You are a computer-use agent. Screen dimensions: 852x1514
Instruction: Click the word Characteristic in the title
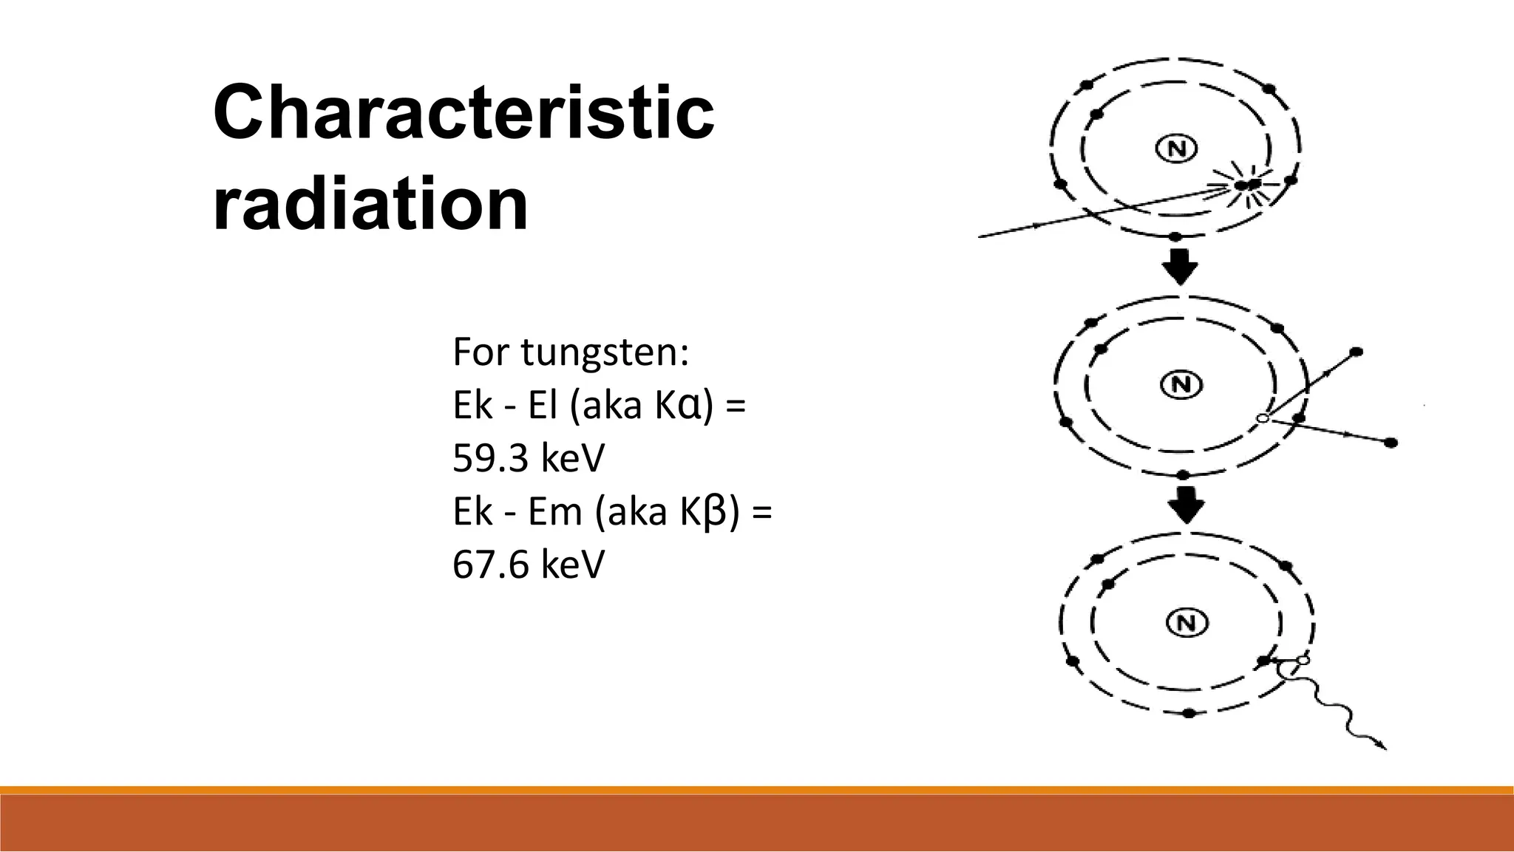(464, 114)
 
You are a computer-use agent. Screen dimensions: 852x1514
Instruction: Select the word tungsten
(603, 352)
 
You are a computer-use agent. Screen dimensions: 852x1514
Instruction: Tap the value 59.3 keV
(528, 458)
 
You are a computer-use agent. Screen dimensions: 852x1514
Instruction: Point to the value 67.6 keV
(528, 565)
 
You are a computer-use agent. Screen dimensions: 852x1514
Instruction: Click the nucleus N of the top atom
(1176, 149)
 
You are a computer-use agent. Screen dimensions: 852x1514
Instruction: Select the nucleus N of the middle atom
(1181, 384)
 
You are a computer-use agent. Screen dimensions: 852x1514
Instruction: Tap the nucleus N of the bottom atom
(1187, 623)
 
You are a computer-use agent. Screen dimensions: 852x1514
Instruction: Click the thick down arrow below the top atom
(1180, 267)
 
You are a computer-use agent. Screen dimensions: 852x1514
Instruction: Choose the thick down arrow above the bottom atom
(1186, 505)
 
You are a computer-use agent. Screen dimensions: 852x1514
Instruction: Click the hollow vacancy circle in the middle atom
(1263, 419)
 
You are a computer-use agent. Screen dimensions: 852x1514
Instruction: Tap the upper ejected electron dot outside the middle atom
(1357, 352)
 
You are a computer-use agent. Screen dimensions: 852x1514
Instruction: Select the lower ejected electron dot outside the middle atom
(1391, 443)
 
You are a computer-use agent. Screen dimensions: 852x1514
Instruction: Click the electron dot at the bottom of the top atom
(1176, 236)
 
